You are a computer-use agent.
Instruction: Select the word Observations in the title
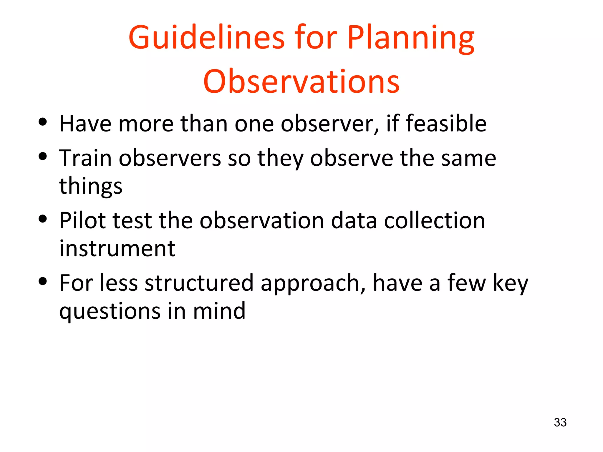tap(301, 82)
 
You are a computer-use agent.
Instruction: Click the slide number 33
tap(560, 423)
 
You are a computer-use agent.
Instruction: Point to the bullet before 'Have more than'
tap(43, 122)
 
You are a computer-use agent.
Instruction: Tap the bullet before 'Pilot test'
tap(43, 219)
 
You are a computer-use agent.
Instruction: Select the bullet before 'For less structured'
tap(43, 281)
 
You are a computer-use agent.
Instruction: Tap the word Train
tap(85, 158)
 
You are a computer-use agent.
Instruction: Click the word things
tap(91, 186)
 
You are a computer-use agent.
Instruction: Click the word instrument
tap(117, 249)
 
